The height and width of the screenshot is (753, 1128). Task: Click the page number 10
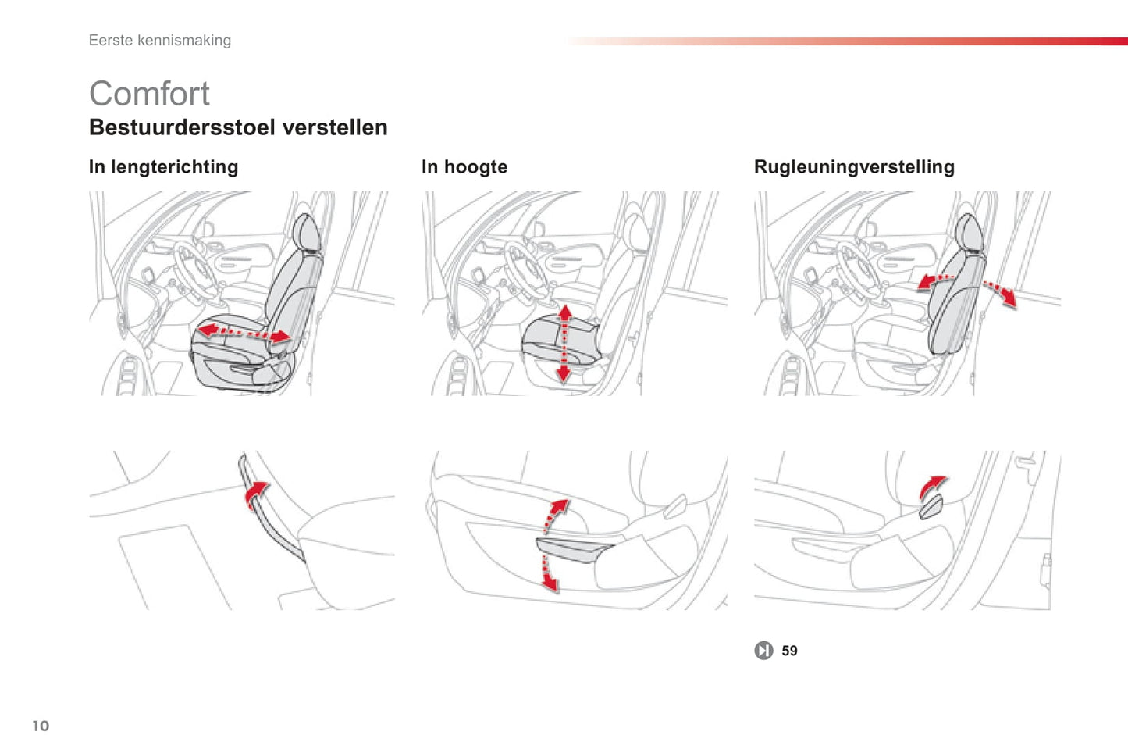tap(41, 726)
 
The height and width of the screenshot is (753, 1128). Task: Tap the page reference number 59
tap(789, 651)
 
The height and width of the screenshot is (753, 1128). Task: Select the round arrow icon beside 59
tap(763, 651)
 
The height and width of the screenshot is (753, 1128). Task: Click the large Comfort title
tap(149, 94)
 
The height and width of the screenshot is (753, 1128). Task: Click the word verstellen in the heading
tap(335, 127)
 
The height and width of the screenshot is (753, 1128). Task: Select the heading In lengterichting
tap(164, 167)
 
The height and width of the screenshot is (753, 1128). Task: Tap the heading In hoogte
tap(464, 167)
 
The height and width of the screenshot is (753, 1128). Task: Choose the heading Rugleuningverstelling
tap(854, 167)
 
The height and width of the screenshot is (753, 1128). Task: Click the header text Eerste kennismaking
tap(159, 41)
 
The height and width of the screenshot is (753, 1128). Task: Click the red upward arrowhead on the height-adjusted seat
tap(565, 312)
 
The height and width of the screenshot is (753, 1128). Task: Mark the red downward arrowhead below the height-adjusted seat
tap(564, 374)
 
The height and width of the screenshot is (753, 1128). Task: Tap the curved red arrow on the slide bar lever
tap(256, 494)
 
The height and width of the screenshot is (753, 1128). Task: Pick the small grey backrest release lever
tap(931, 506)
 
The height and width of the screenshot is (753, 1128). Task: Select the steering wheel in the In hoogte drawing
tap(527, 271)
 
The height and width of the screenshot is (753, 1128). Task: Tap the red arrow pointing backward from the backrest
tap(1001, 294)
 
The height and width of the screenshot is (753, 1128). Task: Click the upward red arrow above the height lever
tap(556, 515)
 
